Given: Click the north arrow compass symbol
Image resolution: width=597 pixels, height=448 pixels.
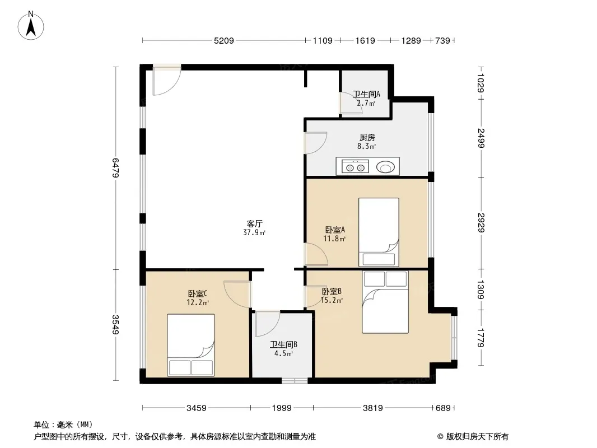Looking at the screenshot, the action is click(x=31, y=26).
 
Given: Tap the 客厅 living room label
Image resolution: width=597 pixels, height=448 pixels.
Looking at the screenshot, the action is click(x=254, y=223).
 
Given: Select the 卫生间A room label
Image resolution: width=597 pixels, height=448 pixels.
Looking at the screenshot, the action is click(x=366, y=94).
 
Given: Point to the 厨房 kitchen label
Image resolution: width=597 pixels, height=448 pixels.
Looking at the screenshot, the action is click(x=367, y=137).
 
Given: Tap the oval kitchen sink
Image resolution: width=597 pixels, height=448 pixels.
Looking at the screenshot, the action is click(x=385, y=167).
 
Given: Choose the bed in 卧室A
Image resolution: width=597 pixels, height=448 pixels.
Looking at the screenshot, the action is click(x=379, y=232).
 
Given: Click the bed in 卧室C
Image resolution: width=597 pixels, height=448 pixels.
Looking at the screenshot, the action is click(x=191, y=345).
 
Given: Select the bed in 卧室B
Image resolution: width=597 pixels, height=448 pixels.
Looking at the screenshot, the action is click(x=385, y=302).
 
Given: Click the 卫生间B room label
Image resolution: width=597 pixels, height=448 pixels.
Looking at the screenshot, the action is click(x=283, y=344).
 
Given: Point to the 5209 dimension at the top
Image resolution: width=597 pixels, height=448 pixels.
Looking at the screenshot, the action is click(x=224, y=40).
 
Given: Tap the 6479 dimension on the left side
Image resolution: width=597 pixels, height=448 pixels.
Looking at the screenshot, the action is click(x=115, y=168).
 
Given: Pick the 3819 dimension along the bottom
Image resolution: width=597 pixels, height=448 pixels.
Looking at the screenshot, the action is click(x=373, y=408).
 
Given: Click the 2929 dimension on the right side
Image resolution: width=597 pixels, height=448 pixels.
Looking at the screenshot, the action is click(x=481, y=223).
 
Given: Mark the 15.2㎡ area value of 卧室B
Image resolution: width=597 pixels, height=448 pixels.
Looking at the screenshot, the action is click(x=332, y=300).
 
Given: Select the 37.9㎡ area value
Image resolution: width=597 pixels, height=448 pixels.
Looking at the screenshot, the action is click(x=254, y=232).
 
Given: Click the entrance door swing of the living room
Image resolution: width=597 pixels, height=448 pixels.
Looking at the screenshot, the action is click(x=167, y=81).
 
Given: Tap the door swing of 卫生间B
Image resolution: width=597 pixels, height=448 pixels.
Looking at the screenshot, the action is click(x=267, y=324).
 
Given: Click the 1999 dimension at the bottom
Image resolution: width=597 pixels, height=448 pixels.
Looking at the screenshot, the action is click(x=282, y=408).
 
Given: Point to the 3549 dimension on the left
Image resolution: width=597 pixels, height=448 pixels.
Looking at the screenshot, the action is click(x=115, y=325).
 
